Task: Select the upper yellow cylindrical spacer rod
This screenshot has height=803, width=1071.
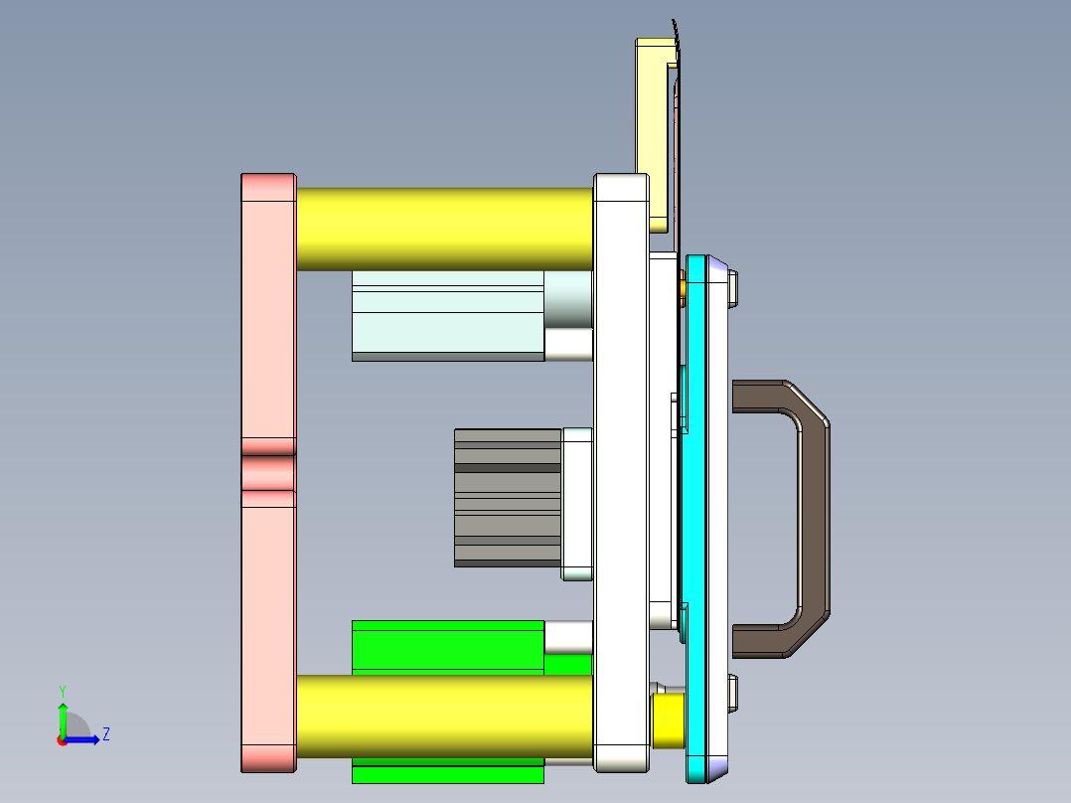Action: click(444, 229)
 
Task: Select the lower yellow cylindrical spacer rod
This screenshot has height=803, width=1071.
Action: click(444, 716)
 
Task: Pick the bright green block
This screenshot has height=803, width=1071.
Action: click(447, 646)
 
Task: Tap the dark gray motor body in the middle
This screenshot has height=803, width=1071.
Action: click(507, 497)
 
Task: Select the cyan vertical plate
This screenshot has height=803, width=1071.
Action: click(695, 517)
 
